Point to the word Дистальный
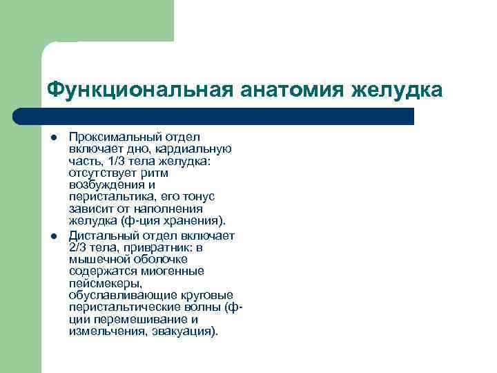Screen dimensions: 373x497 tap(101, 236)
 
